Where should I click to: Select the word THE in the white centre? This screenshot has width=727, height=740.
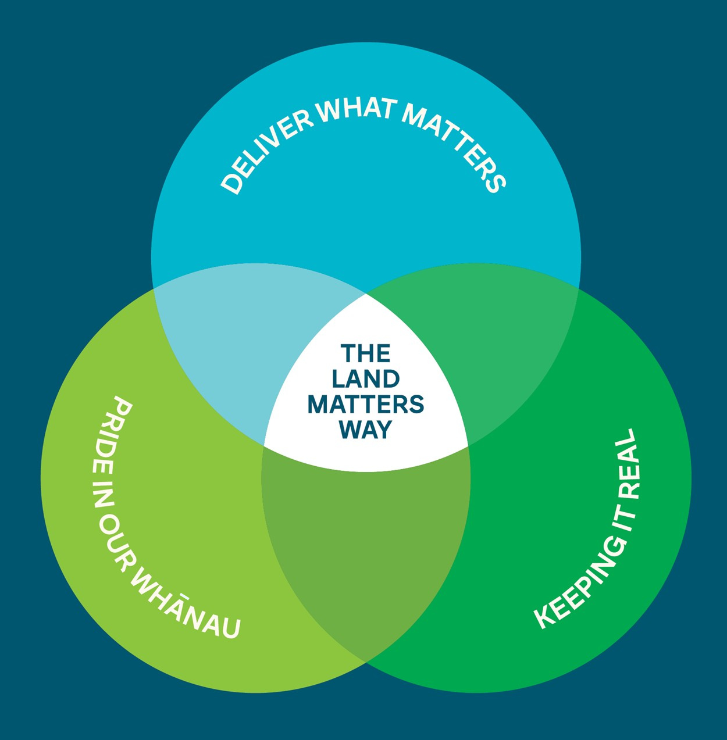pyautogui.click(x=365, y=353)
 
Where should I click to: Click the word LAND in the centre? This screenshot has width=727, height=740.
pyautogui.click(x=365, y=379)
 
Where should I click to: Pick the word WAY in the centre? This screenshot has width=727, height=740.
pyautogui.click(x=365, y=430)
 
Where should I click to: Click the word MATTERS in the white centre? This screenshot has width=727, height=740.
pyautogui.click(x=365, y=404)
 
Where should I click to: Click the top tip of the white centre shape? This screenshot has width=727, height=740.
pyautogui.click(x=366, y=294)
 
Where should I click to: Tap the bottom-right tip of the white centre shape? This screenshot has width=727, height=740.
pyautogui.click(x=468, y=446)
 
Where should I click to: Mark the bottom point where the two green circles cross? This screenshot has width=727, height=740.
pyautogui.click(x=366, y=662)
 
